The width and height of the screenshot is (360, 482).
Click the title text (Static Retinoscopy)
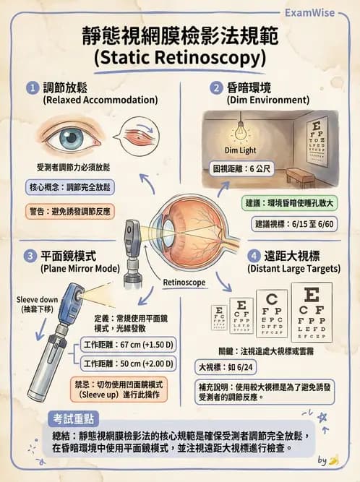pos(180,56)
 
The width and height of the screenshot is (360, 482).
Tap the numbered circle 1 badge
pos(32,87)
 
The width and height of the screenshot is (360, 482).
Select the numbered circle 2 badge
pos(215,87)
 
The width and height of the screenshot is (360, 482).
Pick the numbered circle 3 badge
pos(30,256)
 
